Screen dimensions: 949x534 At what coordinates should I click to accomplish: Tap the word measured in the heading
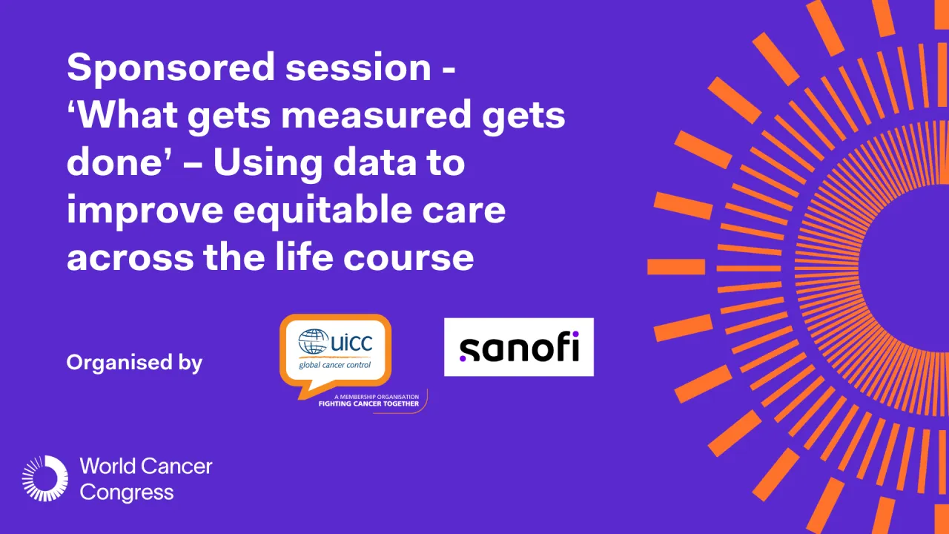[376, 115]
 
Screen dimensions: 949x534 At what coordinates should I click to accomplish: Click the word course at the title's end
[409, 259]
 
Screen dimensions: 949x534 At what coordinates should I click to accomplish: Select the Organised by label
[134, 363]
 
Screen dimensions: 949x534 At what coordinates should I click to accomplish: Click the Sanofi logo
[519, 347]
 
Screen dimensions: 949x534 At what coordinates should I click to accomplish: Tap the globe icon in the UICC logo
[313, 341]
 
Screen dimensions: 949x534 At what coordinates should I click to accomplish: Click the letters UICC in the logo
[351, 343]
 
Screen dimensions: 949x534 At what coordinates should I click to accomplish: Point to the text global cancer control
[334, 365]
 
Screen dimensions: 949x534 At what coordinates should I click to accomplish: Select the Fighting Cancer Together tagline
[368, 404]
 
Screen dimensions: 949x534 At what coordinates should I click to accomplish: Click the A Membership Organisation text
[376, 397]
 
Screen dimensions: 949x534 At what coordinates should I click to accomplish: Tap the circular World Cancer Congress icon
[45, 478]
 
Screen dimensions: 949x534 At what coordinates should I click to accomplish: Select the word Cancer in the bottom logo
[176, 467]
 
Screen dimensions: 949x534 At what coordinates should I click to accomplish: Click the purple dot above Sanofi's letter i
[575, 334]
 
